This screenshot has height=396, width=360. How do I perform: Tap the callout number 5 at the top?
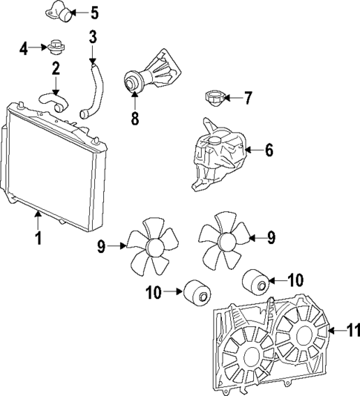click(x=94, y=13)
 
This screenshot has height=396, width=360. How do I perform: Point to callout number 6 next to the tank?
click(x=269, y=151)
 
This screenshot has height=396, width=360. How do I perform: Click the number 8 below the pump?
click(x=134, y=118)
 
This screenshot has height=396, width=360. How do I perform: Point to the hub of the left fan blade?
click(x=154, y=246)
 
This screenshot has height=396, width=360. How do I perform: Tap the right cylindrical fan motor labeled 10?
click(x=256, y=282)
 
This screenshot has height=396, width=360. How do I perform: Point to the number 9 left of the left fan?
click(x=100, y=247)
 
